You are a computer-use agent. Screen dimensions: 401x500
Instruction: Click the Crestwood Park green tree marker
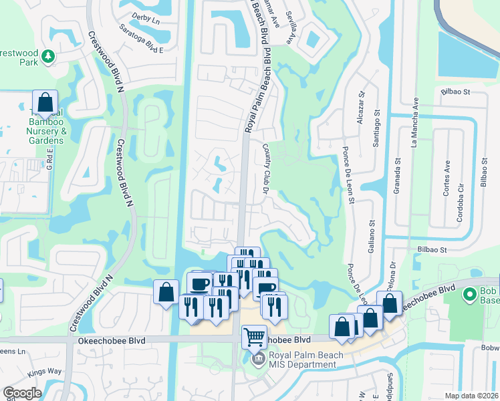pos(48,57)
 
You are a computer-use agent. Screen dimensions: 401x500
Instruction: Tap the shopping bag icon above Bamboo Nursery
pos(45,104)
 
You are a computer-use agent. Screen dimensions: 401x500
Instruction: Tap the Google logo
pos(22,393)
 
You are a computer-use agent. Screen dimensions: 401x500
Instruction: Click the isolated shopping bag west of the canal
pos(166,293)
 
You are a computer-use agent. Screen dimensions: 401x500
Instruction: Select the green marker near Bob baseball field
pos(470,293)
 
